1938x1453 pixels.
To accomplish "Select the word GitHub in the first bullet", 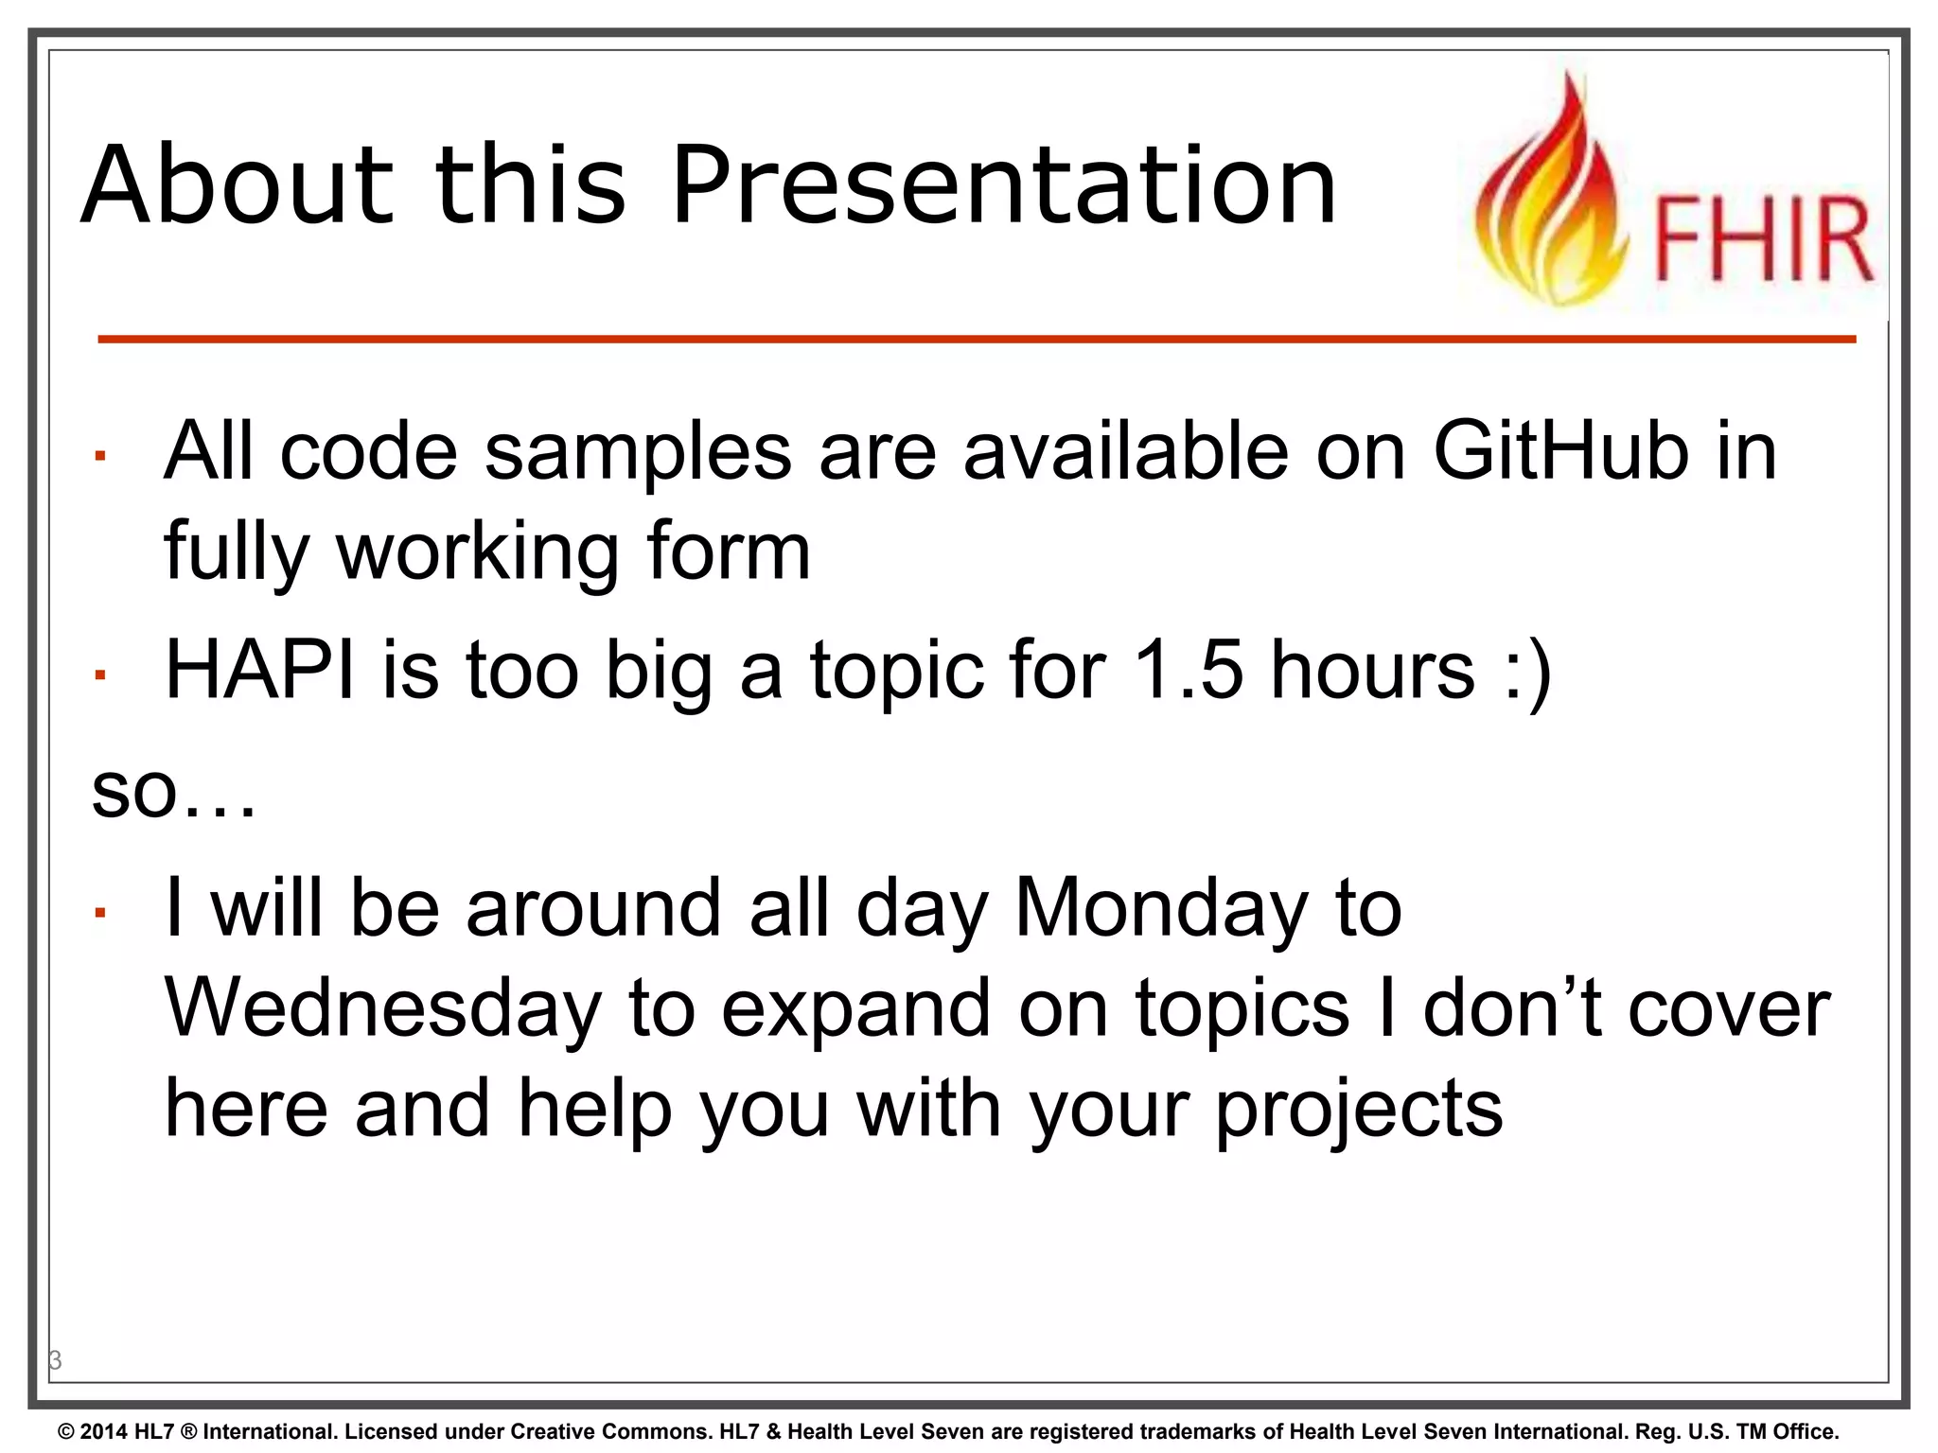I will point(1561,451).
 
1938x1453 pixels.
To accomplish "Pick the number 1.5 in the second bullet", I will point(1189,670).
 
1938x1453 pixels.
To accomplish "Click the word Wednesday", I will point(383,1008).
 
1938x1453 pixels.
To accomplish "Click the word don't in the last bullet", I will point(1511,1008).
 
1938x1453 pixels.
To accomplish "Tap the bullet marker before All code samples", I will point(99,457).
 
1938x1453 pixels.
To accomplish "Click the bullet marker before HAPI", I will point(99,674).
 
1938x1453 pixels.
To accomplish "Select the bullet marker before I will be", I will point(99,913).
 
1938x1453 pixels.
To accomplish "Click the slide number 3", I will point(56,1360).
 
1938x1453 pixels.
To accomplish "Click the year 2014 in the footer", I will point(103,1431).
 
